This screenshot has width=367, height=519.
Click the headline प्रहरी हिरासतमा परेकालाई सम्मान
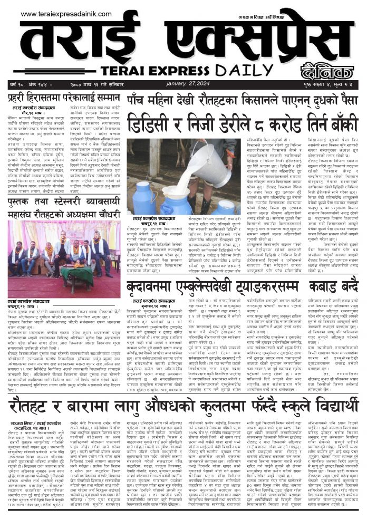(x=63, y=99)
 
